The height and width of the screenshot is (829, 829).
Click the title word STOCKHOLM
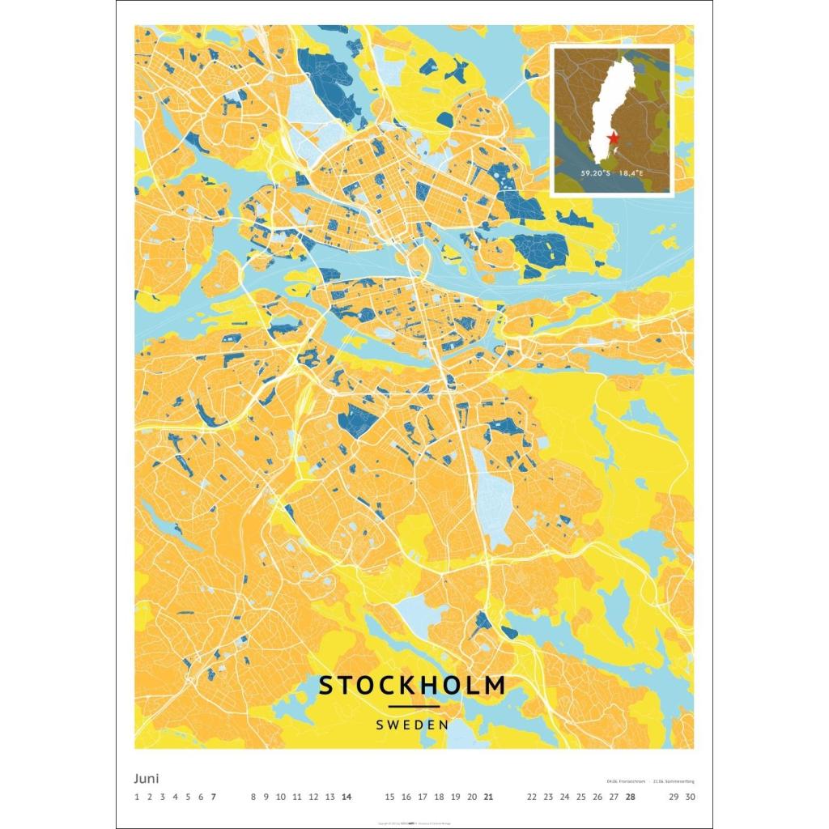click(x=412, y=685)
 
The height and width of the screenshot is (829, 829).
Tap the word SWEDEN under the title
click(x=412, y=725)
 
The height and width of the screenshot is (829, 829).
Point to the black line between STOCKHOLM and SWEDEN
click(x=414, y=707)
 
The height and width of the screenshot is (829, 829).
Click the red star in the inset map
click(x=614, y=138)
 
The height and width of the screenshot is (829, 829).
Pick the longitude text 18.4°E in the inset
click(x=636, y=173)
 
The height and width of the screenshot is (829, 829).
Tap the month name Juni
click(x=147, y=779)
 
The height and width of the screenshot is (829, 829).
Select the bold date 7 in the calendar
click(x=213, y=797)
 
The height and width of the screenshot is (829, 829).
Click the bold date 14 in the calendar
click(x=346, y=797)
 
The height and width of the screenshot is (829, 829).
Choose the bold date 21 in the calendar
click(x=488, y=797)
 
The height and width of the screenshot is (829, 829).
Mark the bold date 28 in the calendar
click(x=630, y=797)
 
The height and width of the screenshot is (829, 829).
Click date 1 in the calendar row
click(x=138, y=797)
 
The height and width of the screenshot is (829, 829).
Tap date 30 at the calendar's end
click(x=690, y=797)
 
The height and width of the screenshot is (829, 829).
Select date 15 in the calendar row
click(x=389, y=797)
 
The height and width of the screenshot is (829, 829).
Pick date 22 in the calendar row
click(x=531, y=797)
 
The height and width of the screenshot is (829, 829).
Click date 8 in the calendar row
click(x=253, y=797)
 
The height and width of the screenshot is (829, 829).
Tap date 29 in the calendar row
click(x=674, y=797)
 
